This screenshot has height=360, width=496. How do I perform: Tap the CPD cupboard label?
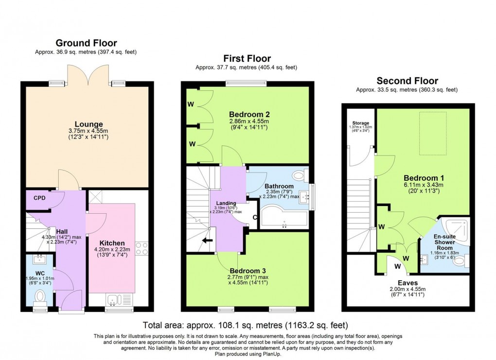[40, 198]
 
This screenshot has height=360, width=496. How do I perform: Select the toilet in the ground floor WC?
[40, 294]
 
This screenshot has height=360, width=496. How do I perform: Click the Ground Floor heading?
[87, 43]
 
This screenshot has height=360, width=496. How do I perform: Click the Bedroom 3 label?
[247, 271]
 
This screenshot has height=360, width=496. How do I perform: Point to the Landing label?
[226, 203]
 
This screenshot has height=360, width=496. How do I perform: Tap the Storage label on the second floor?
[361, 123]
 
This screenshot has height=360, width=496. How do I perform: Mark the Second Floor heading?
[408, 81]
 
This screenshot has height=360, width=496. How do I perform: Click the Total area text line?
[246, 325]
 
